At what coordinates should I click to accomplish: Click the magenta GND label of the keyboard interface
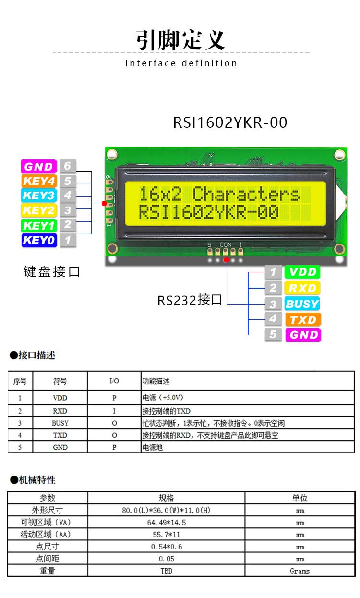point(39,167)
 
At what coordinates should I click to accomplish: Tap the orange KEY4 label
point(39,181)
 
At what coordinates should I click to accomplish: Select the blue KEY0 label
point(39,240)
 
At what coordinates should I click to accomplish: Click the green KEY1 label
point(39,226)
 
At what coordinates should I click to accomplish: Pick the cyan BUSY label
point(302,304)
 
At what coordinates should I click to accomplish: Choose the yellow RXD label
point(302,288)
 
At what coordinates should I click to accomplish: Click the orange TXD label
point(303,319)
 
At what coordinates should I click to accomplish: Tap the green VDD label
point(302,272)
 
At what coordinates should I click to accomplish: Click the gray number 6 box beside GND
point(68,166)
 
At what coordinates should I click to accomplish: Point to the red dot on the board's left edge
point(104,204)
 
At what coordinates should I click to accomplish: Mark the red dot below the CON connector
point(226,260)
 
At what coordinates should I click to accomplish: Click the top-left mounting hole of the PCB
point(112,154)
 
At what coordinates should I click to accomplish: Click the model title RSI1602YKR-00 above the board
point(230,122)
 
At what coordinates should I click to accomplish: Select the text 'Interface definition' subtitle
point(181,63)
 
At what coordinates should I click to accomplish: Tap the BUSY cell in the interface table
point(60,423)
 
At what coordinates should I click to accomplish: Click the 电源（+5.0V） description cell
point(163,398)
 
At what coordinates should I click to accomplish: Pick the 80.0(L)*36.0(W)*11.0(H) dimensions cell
point(166,511)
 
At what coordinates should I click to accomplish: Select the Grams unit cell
point(300,571)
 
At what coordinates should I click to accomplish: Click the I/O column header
point(114,381)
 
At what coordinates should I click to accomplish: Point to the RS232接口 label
point(190,300)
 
